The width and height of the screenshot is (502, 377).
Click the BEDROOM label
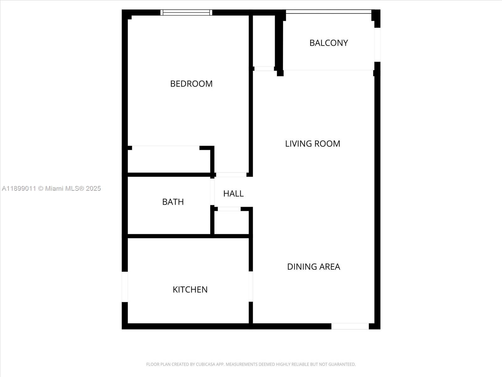191,84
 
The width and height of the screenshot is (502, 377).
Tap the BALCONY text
328,43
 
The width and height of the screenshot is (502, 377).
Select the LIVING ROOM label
312,144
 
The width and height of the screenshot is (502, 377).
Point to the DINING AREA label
313,266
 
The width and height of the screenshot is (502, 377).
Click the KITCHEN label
190,289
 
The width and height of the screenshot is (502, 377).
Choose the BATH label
173,202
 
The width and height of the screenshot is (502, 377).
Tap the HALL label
233,194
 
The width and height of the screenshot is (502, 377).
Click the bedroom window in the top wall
186,13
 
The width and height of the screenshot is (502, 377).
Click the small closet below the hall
232,222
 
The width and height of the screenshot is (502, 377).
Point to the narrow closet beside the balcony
264,41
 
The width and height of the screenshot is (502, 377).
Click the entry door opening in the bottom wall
350,326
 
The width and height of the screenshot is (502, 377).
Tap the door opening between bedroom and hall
231,175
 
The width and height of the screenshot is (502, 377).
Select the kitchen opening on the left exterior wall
125,287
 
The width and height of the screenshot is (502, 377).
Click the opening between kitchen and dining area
251,286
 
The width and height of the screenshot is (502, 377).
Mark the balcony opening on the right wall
377,45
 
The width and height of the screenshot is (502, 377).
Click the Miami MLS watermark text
51,188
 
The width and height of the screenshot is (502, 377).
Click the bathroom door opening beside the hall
212,192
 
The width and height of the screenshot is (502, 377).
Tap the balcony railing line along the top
328,12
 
